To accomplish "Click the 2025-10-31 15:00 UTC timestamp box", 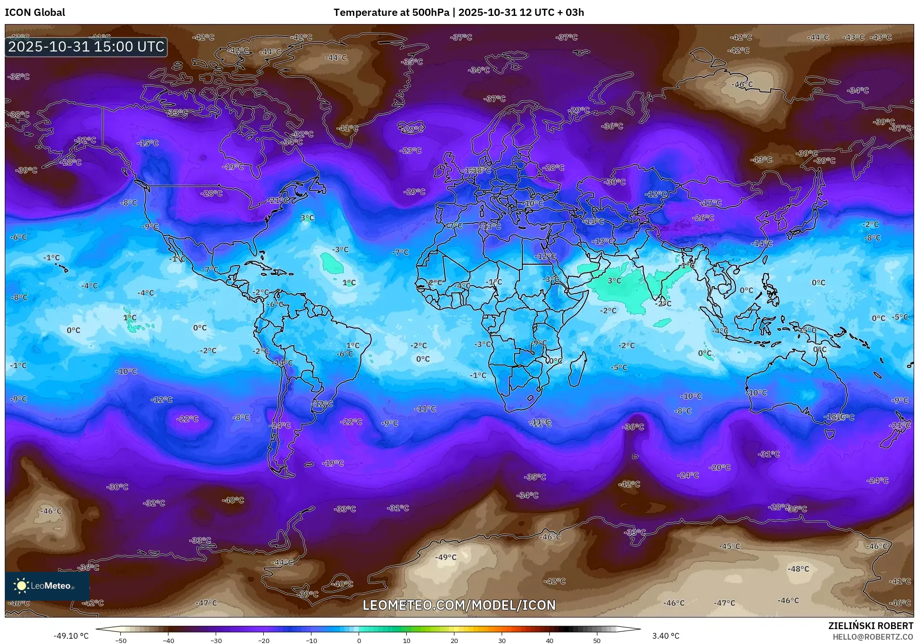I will [86, 47].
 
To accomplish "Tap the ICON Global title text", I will [35, 13].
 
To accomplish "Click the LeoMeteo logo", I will [47, 586].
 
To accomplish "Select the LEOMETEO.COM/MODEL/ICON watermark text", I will [459, 605].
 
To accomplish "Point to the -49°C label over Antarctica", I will [446, 557].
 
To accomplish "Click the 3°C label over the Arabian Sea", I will [614, 281].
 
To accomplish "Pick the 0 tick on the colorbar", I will [359, 640].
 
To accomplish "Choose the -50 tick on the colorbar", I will [121, 640].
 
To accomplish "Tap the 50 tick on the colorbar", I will [597, 640].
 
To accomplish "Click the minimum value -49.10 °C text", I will [71, 636].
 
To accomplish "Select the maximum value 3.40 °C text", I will [666, 636].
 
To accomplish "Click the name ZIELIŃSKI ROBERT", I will [870, 626].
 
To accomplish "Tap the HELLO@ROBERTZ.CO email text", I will [873, 637].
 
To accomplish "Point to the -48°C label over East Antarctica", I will [798, 569].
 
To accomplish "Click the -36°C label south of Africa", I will [633, 427].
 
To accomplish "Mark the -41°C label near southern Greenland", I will [348, 128].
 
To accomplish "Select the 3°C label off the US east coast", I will [307, 218].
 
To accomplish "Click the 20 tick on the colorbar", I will [454, 640].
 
